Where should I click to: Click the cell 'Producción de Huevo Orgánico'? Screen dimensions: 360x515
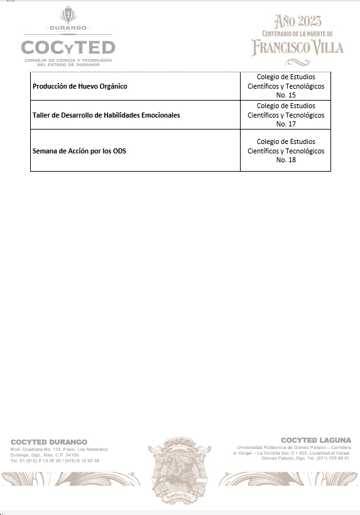[x=79, y=86]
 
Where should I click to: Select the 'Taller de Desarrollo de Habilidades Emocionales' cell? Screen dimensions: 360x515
[x=106, y=116]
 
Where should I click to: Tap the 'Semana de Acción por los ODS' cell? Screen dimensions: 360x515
[x=79, y=151]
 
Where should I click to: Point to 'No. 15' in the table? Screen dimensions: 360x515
[x=286, y=95]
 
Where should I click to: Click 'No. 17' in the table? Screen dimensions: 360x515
[x=286, y=125]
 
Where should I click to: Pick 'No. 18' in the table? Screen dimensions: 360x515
[x=286, y=160]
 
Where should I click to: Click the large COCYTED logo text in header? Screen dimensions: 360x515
[x=68, y=48]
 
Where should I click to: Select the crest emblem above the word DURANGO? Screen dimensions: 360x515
[x=68, y=15]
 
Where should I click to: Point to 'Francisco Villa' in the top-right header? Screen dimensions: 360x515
[x=297, y=47]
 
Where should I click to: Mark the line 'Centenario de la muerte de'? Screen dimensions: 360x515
[x=297, y=33]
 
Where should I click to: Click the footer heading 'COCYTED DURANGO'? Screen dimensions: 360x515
[x=49, y=442]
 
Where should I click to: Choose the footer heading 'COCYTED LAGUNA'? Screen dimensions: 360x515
[x=316, y=440]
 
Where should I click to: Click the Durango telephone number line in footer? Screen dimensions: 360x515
[x=55, y=460]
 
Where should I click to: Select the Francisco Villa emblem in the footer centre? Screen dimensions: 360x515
[x=180, y=462]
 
